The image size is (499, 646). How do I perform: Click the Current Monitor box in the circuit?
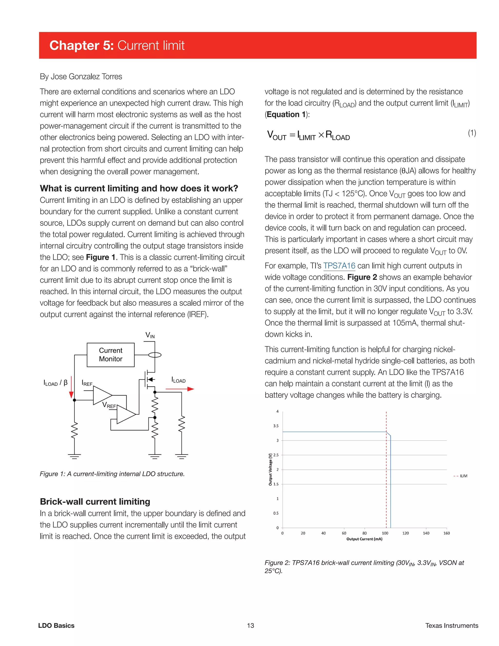111,355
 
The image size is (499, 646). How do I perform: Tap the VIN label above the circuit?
150,335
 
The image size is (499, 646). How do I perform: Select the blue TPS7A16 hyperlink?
339,266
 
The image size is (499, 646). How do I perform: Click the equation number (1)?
472,133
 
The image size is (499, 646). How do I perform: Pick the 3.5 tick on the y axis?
276,426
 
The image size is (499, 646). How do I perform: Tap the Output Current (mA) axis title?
364,539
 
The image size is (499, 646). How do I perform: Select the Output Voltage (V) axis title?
270,470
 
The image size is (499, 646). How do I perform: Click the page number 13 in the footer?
250,625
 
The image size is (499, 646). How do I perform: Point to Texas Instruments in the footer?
451,625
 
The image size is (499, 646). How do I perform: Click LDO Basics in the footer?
56,625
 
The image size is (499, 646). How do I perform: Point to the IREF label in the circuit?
87,383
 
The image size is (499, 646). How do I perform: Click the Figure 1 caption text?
112,474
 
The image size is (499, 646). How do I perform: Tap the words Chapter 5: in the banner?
81,45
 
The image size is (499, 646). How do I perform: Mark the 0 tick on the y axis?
277,528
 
